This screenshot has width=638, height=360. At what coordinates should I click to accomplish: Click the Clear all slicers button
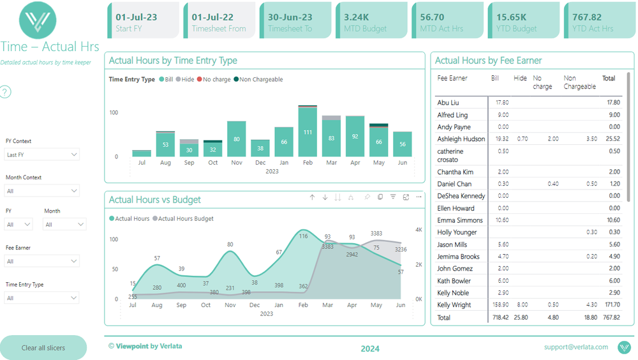coord(43,348)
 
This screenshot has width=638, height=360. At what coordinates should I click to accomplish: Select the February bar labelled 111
coord(308,132)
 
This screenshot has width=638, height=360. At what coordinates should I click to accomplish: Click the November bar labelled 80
coord(236,139)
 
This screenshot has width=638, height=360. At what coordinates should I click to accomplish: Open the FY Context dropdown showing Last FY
coord(42,154)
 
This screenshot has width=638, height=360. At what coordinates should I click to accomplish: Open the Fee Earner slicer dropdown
coord(42,261)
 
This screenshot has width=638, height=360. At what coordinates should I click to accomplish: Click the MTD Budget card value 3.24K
coord(357,17)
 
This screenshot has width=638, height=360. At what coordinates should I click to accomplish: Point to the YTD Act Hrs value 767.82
coord(587,17)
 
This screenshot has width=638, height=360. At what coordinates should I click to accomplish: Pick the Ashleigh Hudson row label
coord(461,139)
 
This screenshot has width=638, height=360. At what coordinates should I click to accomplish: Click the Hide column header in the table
coord(520,79)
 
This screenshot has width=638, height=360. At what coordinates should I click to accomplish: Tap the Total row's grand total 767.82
coord(611,317)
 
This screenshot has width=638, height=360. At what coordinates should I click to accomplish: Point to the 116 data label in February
coord(303,236)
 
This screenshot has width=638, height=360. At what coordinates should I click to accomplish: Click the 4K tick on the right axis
coord(419,230)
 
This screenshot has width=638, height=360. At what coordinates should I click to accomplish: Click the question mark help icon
coord(5,93)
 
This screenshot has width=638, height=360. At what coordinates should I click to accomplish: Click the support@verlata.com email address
coord(575,347)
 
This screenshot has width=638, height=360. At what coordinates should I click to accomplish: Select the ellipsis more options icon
coord(419,198)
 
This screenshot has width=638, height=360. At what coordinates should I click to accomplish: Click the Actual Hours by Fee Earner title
coord(488,61)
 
